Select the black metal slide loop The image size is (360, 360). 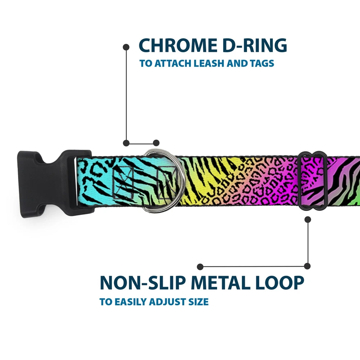click(x=312, y=180)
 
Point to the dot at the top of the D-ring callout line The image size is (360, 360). click(x=126, y=47)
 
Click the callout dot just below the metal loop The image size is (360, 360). click(x=307, y=219)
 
